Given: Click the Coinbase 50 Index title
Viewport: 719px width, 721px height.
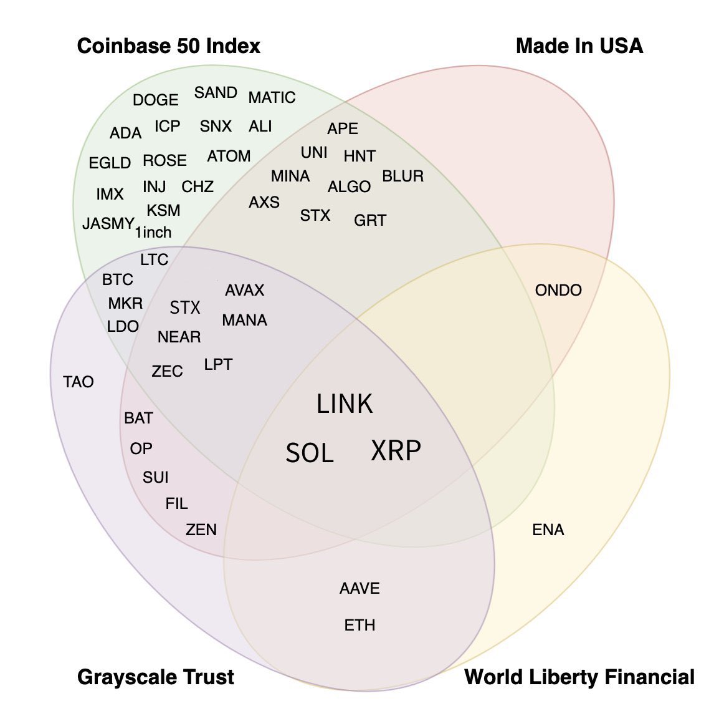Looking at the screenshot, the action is pos(168,46).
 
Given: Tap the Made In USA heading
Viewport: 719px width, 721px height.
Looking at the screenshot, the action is pos(579,46).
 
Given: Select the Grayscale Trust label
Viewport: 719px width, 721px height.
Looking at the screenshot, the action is pos(156,677).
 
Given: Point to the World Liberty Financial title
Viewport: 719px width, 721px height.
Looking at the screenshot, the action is pos(579,677).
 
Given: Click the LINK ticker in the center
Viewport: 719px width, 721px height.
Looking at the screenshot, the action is pos(345,404).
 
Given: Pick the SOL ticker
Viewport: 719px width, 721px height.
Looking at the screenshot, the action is pos(310,453).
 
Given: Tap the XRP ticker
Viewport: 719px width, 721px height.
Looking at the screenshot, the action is pos(396,450).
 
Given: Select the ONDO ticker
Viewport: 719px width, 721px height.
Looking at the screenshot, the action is pos(558,290).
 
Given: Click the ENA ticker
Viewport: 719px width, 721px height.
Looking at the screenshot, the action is pos(548,530).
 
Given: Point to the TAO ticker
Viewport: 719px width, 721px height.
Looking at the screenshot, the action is pos(79,382).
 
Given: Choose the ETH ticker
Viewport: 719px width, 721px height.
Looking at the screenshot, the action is pos(359,625).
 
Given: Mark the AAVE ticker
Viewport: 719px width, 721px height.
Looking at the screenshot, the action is pos(359,588).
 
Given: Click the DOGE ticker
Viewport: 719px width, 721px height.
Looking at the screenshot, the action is pos(156,100).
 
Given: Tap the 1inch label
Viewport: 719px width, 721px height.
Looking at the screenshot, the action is pos(153,233).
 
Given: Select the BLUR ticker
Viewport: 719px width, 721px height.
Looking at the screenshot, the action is pos(402,177).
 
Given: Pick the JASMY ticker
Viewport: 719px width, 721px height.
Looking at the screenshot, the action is pos(108,223).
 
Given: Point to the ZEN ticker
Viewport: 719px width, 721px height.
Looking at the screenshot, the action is pos(201,530).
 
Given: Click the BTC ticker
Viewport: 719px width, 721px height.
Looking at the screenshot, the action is pos(118,280).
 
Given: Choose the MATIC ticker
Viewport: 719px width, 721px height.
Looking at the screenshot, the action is pos(272,98).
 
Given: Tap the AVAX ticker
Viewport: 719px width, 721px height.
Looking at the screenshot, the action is pos(245,290).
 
